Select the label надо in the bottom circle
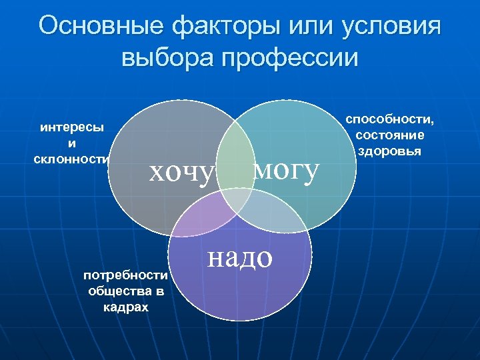240,257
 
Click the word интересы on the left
72,127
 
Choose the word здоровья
389,151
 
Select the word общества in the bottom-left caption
116,291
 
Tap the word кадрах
126,307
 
